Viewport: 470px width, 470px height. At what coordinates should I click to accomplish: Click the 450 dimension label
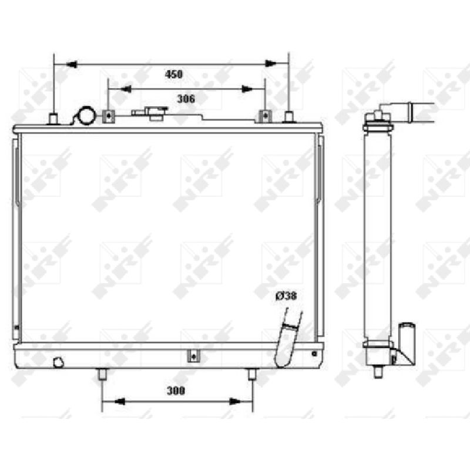coord(173,74)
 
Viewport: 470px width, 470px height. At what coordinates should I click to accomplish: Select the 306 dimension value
coord(186,99)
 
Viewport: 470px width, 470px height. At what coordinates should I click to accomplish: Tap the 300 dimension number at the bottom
coord(176,391)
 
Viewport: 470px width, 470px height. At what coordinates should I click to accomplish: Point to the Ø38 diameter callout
coord(286,296)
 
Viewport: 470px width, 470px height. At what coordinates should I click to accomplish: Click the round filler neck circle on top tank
coord(87,115)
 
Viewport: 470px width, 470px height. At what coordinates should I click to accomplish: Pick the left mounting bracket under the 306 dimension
coord(109,116)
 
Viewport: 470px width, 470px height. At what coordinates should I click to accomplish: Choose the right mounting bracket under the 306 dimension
coord(265,116)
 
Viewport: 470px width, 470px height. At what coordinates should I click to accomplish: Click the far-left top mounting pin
coord(53,119)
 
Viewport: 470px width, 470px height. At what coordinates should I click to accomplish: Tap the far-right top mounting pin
coord(288,117)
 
